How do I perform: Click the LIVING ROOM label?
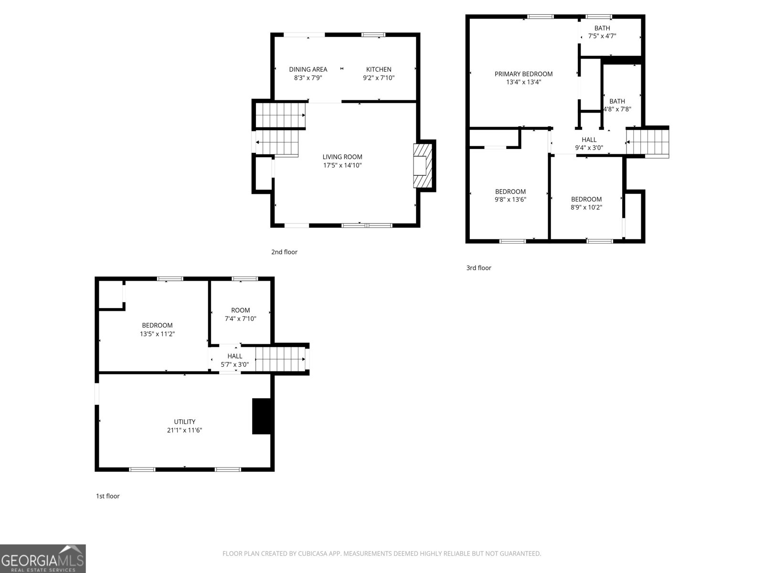pos(342,157)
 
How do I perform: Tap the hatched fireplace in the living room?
pos(423,166)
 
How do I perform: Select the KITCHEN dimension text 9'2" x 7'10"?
pos(379,78)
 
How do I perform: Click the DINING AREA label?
pos(308,69)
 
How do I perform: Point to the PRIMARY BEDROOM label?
pos(523,74)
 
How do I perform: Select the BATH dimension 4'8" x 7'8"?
pos(617,109)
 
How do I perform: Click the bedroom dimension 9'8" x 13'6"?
pos(510,200)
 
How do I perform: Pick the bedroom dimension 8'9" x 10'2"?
pos(586,207)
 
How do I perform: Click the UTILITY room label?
pos(184,422)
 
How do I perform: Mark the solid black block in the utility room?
pos(261,416)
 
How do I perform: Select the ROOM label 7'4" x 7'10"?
pos(241,310)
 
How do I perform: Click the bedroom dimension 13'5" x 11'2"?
pos(157,334)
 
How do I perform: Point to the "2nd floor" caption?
pos(284,252)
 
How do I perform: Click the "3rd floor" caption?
pos(478,268)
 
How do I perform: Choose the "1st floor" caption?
pos(108,496)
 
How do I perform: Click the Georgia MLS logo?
pos(42,559)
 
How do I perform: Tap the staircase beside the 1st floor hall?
pos(280,359)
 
